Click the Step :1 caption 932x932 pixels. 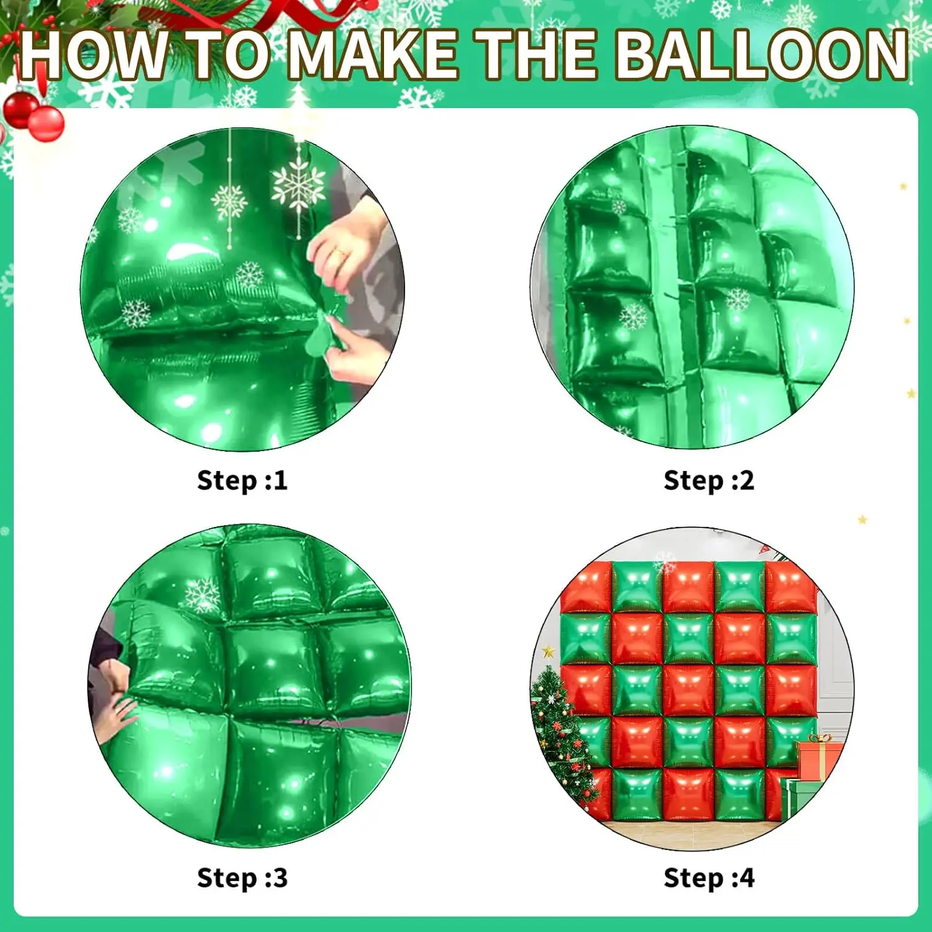click(x=242, y=480)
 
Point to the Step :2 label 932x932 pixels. click(x=709, y=480)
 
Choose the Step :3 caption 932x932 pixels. click(x=242, y=878)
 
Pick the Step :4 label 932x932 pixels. click(x=709, y=878)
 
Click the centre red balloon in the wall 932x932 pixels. click(x=688, y=690)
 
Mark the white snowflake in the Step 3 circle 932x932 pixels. click(x=203, y=595)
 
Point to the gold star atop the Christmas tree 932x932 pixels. click(x=549, y=652)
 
